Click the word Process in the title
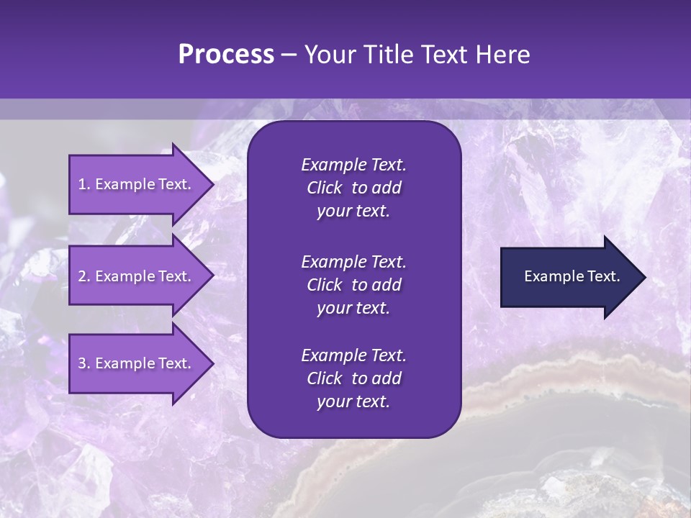[x=226, y=55]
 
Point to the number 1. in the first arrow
[x=84, y=184]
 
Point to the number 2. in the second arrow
[x=84, y=276]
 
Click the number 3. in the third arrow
[x=84, y=363]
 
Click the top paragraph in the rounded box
[x=353, y=188]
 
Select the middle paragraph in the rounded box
[x=353, y=285]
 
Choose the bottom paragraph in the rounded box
[x=353, y=378]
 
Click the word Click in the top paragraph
[x=324, y=188]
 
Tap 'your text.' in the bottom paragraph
[x=353, y=402]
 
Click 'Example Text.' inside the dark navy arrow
[x=572, y=276]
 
